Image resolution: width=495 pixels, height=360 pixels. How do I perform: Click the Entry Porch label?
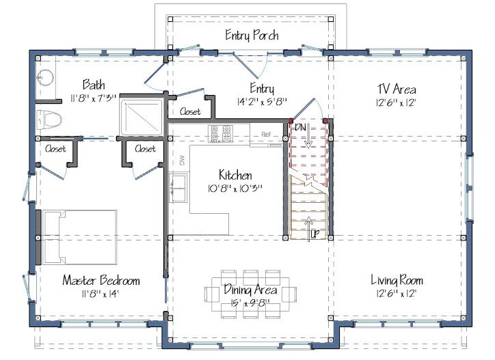[x=252, y=35]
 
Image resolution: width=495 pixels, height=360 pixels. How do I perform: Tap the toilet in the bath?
[x=49, y=120]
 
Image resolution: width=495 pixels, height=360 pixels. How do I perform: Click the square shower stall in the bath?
[x=142, y=116]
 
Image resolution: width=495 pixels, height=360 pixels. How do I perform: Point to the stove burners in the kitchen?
[x=220, y=133]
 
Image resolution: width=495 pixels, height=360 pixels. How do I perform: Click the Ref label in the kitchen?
[x=266, y=135]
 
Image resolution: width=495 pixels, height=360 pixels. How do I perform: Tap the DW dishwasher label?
[x=182, y=161]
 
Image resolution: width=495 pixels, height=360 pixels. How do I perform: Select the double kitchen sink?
[x=178, y=189]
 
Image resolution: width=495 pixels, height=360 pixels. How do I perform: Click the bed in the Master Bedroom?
[x=80, y=237]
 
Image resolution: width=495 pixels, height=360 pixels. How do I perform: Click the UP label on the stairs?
[x=315, y=234]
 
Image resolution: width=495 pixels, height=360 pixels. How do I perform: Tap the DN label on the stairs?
[x=300, y=128]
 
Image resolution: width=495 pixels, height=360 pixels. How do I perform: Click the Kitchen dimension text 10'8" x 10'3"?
[x=235, y=189]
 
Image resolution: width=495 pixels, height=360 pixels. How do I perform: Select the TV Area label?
[x=397, y=89]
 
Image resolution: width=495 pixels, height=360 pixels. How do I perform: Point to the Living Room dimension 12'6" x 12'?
[x=397, y=294]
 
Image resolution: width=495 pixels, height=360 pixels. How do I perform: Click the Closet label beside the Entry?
[x=190, y=111]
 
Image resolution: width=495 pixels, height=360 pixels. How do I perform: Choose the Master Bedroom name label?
[x=101, y=280]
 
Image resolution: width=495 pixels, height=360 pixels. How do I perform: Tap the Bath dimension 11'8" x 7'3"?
[x=94, y=98]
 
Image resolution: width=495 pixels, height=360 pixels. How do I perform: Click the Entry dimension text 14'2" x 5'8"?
[x=262, y=102]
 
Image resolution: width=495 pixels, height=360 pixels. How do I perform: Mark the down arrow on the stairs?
[x=308, y=137]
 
